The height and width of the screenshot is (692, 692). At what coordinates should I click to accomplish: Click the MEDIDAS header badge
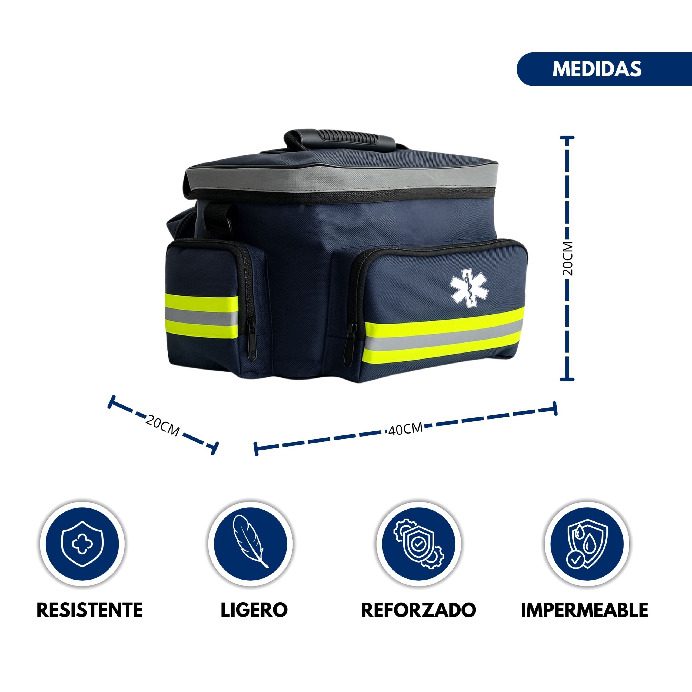[604, 69]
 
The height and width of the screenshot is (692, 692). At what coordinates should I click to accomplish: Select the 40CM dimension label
[405, 429]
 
